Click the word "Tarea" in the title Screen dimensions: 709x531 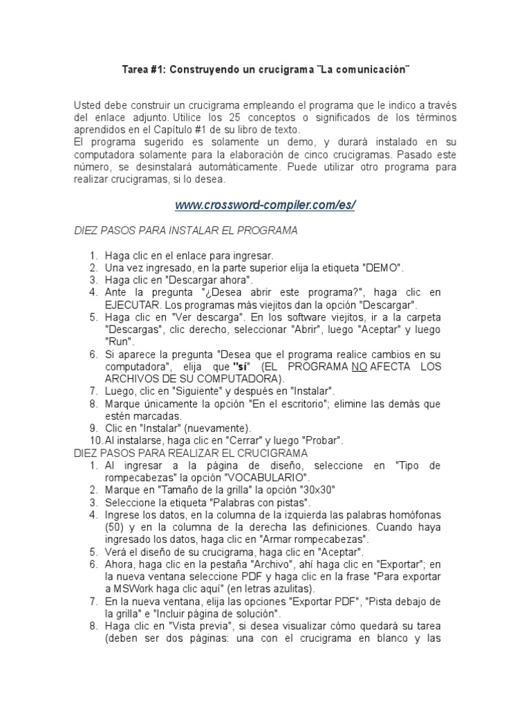click(135, 71)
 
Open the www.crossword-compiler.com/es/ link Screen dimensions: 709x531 click(265, 206)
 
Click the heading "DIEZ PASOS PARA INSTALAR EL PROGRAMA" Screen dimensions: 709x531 click(185, 231)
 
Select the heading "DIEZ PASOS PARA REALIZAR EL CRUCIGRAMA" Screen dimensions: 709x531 click(190, 453)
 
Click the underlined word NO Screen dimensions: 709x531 click(359, 367)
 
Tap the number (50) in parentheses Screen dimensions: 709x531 click(114, 528)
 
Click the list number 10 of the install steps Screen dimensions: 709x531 click(95, 440)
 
